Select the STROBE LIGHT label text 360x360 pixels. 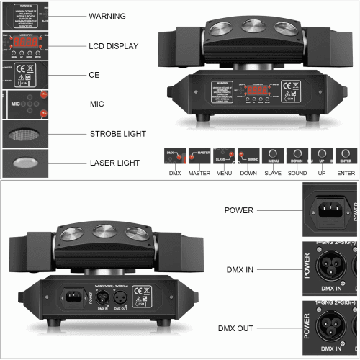[x=118, y=133]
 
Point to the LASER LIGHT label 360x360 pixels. [x=115, y=163]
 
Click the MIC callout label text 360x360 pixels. [x=97, y=104]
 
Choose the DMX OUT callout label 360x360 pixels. [x=235, y=328]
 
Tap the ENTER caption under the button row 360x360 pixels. [x=346, y=173]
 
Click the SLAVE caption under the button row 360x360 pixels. [x=272, y=173]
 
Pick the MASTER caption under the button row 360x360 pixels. [x=199, y=173]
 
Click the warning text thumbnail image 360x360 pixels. [x=22, y=16]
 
